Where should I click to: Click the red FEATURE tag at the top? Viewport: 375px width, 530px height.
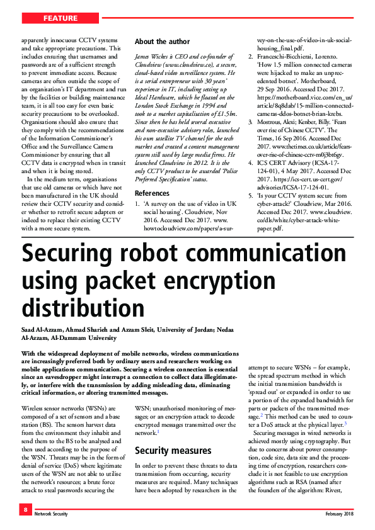pyautogui.click(x=61, y=18)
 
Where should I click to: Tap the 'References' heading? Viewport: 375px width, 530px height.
pyautogui.click(x=152, y=193)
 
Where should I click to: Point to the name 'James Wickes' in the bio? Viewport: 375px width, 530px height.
pyautogui.click(x=156, y=57)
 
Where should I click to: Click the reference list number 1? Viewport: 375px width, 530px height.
pyautogui.click(x=137, y=205)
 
